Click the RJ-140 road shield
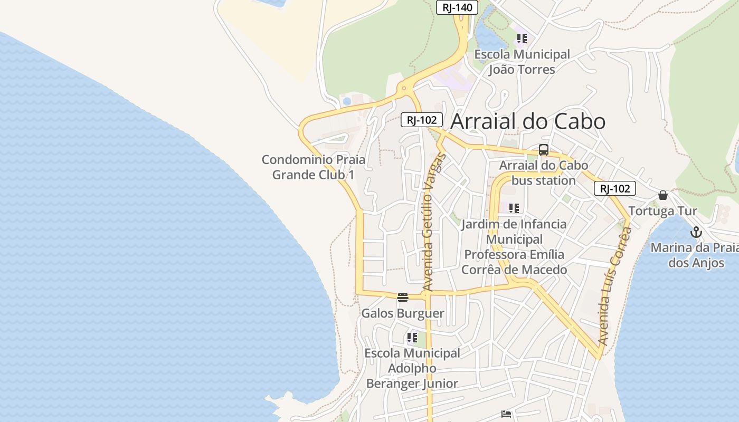coord(457,7)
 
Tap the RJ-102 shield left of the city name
coord(421,120)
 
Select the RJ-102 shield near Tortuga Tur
coord(614,188)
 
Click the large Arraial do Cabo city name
coord(528,121)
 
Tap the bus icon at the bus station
coord(544,150)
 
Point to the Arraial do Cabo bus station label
coord(544,173)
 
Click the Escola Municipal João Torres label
coord(522,62)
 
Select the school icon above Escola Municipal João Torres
coord(522,38)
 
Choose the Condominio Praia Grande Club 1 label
coord(314,167)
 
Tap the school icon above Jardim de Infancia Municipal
coord(514,208)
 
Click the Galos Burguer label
coord(403,313)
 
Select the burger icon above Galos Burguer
coord(403,298)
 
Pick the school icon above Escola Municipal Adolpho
coord(412,337)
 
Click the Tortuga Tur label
coord(663,211)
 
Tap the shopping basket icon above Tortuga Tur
coord(663,195)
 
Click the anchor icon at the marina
coord(696,232)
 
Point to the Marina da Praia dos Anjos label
coord(695,255)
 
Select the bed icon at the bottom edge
coord(506,414)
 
